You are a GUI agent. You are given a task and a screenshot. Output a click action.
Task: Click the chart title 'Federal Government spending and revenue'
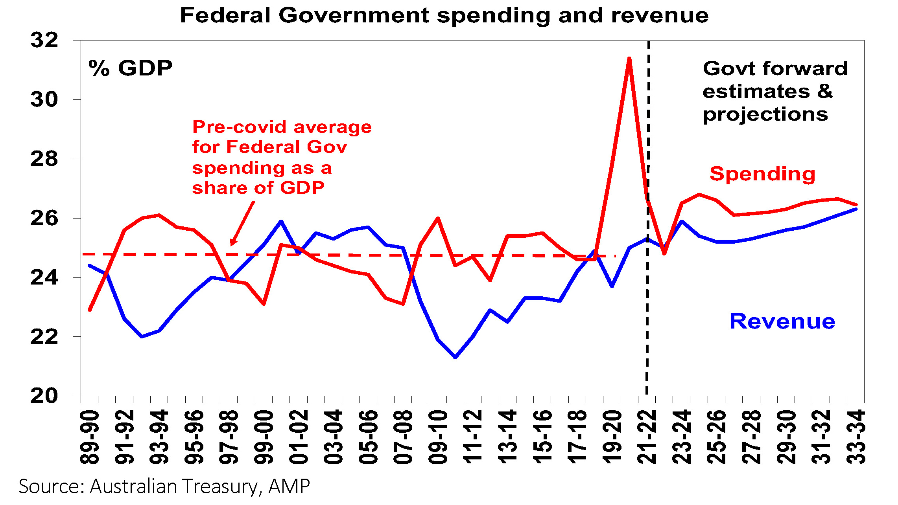[x=444, y=16]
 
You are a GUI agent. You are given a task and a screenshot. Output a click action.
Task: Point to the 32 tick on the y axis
[x=44, y=40]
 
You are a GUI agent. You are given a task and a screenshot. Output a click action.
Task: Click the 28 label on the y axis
[x=44, y=159]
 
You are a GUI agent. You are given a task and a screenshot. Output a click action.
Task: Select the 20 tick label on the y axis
[x=44, y=396]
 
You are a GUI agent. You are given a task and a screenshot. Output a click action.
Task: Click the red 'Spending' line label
[x=762, y=174]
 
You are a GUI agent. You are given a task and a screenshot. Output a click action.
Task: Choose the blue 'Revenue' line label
[x=782, y=321]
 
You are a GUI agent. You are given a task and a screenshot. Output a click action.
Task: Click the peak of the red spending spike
[x=629, y=59]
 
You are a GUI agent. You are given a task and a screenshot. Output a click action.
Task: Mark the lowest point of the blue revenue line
[x=455, y=357]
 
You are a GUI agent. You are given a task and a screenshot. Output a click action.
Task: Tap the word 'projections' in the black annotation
[x=765, y=115]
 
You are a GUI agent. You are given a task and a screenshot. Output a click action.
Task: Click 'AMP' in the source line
[x=289, y=487]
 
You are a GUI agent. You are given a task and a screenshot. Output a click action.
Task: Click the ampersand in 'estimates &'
[x=825, y=91]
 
